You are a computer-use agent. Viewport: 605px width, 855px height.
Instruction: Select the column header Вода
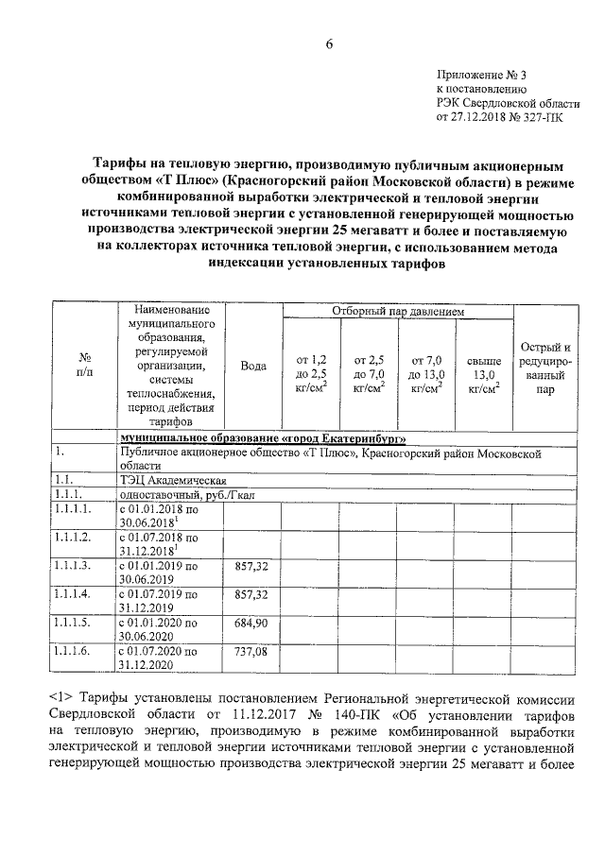(x=252, y=366)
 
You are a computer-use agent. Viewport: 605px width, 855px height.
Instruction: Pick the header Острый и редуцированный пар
(x=541, y=367)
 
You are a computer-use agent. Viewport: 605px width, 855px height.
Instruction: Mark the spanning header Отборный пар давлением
(x=398, y=311)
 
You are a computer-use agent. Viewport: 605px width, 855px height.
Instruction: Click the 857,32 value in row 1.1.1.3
(x=251, y=565)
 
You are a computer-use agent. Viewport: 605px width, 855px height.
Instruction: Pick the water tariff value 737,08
(x=251, y=653)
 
